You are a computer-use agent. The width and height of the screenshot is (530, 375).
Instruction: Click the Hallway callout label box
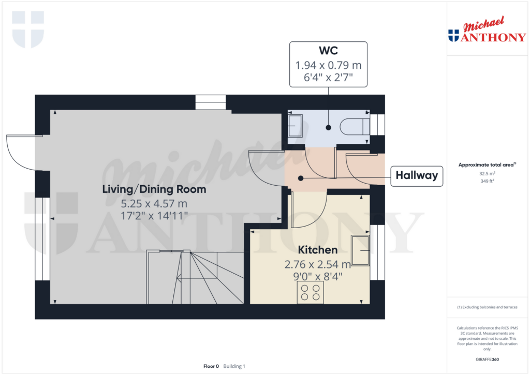[417, 176]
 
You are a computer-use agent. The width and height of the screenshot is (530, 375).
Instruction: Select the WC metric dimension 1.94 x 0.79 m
[328, 66]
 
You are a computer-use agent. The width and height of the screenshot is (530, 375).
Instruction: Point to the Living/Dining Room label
[154, 189]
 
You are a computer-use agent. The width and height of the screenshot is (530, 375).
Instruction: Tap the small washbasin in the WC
[296, 126]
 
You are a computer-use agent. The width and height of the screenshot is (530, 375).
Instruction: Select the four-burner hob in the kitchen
[310, 292]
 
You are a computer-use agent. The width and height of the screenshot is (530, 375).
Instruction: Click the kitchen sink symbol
[360, 250]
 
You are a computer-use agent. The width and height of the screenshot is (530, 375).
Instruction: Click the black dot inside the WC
[328, 127]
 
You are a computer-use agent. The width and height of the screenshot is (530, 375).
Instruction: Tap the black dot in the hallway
[301, 178]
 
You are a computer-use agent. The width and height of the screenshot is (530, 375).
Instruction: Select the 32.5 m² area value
[487, 174]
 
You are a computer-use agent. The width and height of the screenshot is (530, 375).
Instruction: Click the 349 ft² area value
[487, 182]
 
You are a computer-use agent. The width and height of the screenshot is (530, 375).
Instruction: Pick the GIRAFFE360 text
[487, 359]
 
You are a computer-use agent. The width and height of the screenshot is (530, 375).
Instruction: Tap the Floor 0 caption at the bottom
[211, 366]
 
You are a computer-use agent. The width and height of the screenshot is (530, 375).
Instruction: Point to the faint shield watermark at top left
[28, 29]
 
